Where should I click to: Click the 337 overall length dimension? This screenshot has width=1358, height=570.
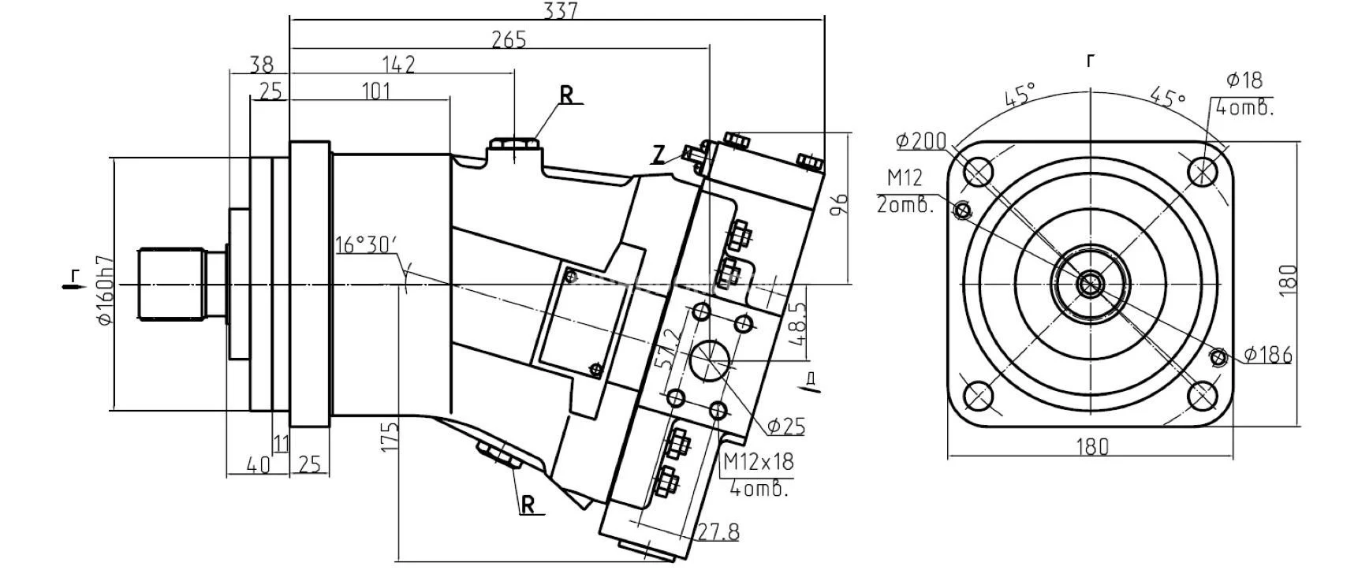pyautogui.click(x=561, y=10)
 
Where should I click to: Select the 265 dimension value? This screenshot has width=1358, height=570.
pyautogui.click(x=509, y=39)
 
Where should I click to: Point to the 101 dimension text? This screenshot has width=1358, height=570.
pyautogui.click(x=375, y=91)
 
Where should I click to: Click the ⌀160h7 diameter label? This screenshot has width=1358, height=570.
pyautogui.click(x=104, y=290)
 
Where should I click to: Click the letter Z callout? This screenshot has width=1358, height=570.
pyautogui.click(x=658, y=155)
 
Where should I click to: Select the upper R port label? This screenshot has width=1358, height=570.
pyautogui.click(x=567, y=95)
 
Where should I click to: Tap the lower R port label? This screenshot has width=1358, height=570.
pyautogui.click(x=529, y=505)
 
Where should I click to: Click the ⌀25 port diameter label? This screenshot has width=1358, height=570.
pyautogui.click(x=785, y=427)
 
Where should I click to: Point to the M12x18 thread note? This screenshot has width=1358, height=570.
pyautogui.click(x=758, y=461)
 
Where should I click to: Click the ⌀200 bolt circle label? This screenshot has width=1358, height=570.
pyautogui.click(x=921, y=141)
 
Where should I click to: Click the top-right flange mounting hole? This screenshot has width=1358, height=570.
pyautogui.click(x=1203, y=170)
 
